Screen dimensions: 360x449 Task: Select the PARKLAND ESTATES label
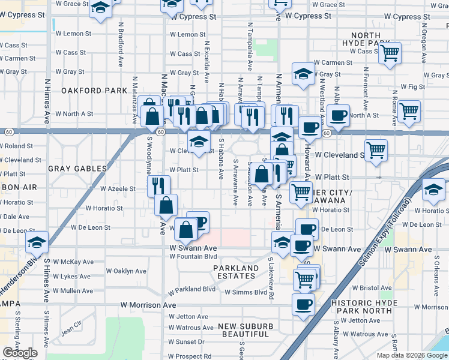[x=235, y=272]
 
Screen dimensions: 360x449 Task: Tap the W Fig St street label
[x=412, y=87]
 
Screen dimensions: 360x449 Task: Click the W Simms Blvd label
[x=246, y=292]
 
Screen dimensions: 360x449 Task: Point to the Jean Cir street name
[x=71, y=328]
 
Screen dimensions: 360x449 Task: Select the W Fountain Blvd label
[x=193, y=256]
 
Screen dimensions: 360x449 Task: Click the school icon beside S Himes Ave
[x=37, y=242]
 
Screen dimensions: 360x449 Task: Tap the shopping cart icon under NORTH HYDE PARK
[x=390, y=53]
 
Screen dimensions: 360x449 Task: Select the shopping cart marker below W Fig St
[x=409, y=110]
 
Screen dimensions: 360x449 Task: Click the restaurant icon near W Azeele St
[x=159, y=185]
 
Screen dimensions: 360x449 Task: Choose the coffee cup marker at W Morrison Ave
[x=303, y=304]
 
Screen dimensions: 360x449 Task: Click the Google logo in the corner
[x=20, y=353]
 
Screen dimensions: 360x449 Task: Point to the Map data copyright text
[x=412, y=355]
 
